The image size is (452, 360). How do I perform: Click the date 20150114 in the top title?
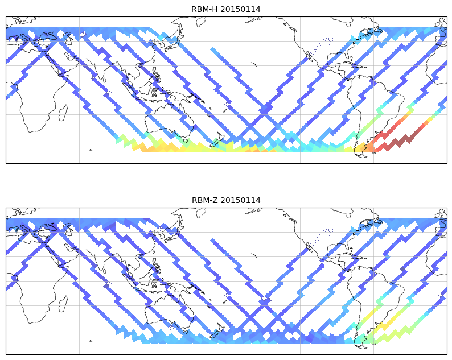click(241, 9)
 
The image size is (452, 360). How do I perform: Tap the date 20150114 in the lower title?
click(241, 200)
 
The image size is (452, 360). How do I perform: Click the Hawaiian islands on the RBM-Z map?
click(254, 255)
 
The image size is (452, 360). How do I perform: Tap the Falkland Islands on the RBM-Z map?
click(374, 344)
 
